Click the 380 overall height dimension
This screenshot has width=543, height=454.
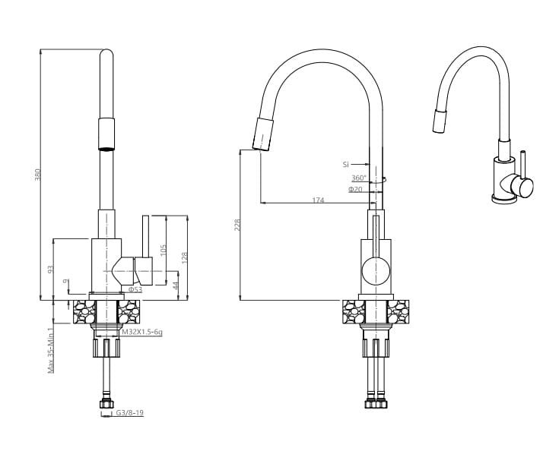tap(38, 175)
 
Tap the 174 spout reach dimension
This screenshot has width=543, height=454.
tap(318, 200)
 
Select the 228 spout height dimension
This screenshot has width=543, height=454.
tap(237, 225)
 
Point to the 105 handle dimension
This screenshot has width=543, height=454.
tap(164, 251)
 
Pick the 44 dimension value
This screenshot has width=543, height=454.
tap(176, 285)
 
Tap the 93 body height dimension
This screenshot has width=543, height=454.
tap(50, 269)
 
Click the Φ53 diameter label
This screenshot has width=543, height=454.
tap(135, 289)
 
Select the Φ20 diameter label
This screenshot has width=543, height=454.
tap(355, 189)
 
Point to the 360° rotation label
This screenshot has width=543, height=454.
tap(359, 178)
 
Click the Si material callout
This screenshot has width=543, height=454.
tap(345, 165)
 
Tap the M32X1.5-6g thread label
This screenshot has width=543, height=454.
tap(142, 333)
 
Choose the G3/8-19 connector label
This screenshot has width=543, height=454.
tap(130, 412)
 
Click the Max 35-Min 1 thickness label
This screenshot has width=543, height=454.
tap(51, 351)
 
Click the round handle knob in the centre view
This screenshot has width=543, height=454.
tap(376, 272)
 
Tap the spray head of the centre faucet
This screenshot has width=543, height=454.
tap(263, 134)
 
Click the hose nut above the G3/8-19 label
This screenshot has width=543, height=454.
tap(106, 404)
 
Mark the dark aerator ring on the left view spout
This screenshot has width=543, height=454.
tap(106, 149)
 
